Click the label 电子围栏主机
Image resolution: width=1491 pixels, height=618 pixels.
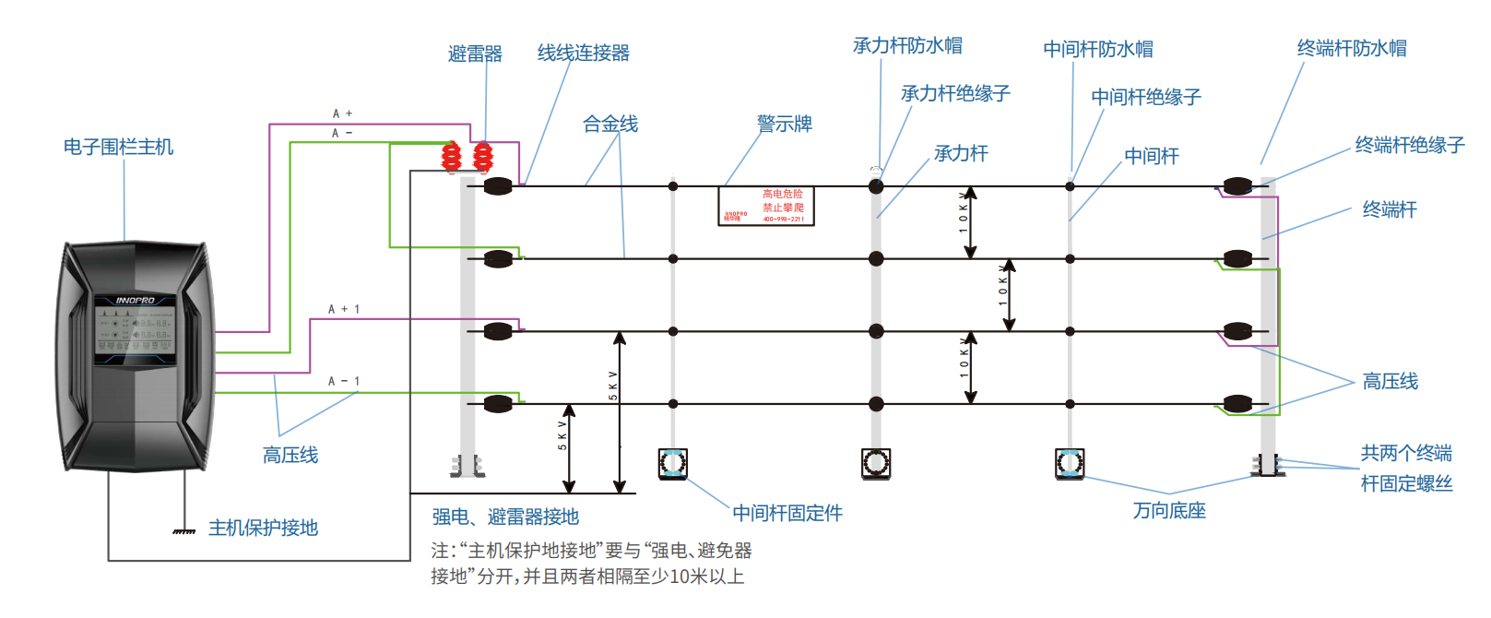118,147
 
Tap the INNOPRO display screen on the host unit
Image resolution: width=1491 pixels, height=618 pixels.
135,329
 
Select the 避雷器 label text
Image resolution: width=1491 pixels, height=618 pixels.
475,53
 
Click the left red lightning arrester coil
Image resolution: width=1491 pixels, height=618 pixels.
451,157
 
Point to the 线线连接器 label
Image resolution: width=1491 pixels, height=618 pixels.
583,53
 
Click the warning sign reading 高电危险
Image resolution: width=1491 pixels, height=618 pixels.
765,206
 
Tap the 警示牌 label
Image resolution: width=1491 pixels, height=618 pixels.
784,124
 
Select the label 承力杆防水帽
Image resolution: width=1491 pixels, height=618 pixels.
907,45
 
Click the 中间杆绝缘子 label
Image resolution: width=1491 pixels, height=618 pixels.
1145,97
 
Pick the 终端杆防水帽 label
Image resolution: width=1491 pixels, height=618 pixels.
1351,48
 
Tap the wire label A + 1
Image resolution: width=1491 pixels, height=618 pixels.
344,309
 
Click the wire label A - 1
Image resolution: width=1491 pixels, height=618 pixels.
344,381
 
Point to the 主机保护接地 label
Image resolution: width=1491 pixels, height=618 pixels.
263,528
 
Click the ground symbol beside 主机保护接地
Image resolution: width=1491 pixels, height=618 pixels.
184,531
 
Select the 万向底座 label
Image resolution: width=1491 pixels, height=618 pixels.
1169,510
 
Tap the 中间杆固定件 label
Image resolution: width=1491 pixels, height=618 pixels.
787,513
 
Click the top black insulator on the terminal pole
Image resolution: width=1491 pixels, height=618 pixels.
1237,186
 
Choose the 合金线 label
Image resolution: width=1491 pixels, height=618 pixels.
609,124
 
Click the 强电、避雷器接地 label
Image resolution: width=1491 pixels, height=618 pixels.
505,517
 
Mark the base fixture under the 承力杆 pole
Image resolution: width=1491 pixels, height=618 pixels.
875,463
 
